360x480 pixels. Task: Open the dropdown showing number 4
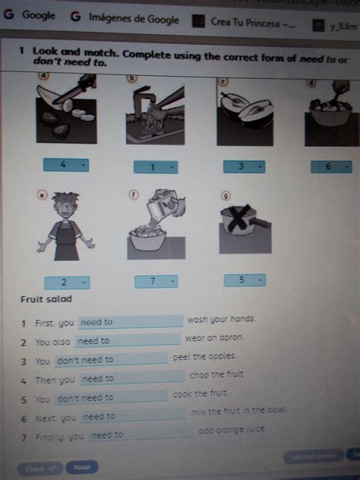(x=66, y=165)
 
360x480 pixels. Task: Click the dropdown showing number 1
(x=155, y=167)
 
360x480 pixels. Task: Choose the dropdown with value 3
(x=244, y=166)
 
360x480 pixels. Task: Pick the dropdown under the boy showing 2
(x=66, y=282)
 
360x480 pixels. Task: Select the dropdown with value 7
(x=156, y=282)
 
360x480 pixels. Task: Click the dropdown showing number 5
(x=245, y=280)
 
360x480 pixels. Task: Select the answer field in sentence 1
(x=131, y=322)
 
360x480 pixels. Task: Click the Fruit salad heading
(x=45, y=299)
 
